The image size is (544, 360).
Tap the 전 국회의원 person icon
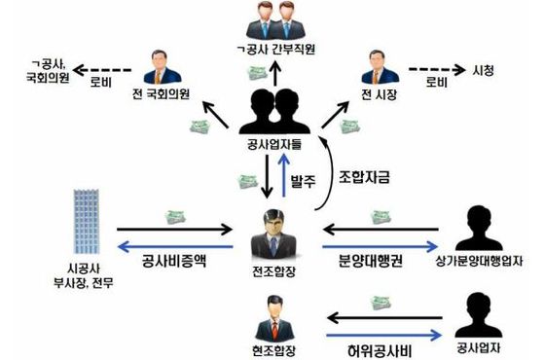tap(164, 66)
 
